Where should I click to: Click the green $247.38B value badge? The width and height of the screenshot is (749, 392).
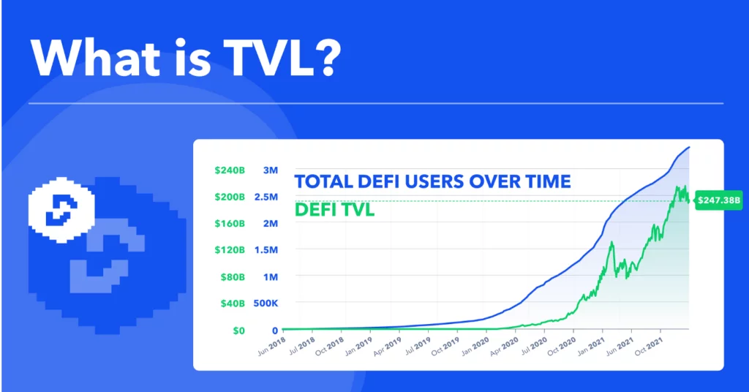718,199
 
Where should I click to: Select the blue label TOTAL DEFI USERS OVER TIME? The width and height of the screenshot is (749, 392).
432,181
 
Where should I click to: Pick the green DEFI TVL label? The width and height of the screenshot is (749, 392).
335,211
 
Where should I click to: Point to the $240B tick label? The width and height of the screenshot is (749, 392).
230,170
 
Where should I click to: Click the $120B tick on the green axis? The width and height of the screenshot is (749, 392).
230,250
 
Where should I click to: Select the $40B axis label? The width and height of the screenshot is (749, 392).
232,304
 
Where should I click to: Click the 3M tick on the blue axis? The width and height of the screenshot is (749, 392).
270,170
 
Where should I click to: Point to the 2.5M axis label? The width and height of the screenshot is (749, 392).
266,197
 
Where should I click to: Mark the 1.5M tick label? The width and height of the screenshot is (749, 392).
266,250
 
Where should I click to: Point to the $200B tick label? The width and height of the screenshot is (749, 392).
230,197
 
